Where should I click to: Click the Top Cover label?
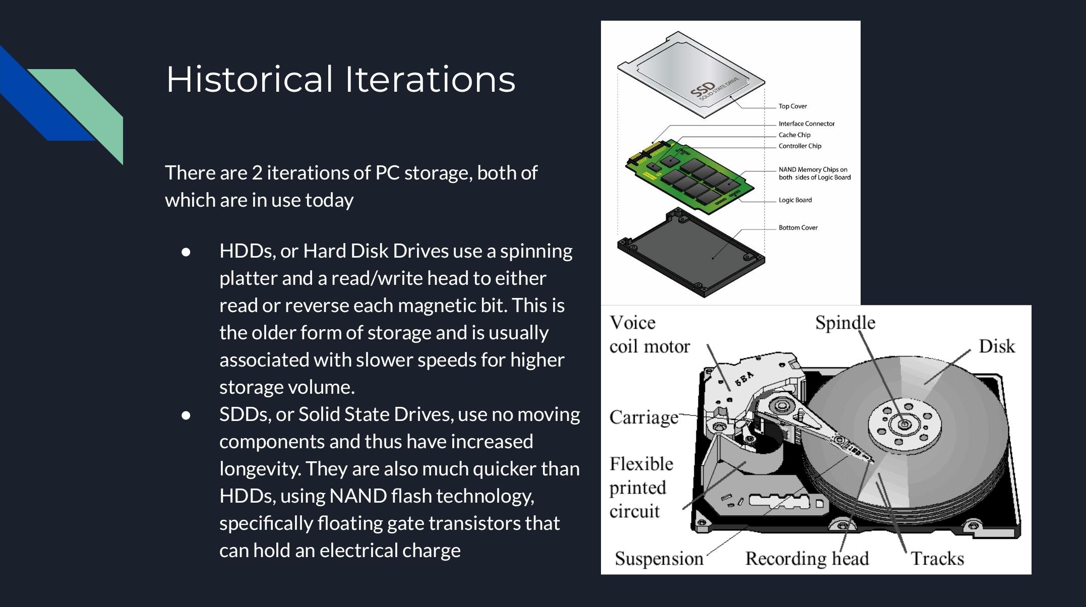click(792, 106)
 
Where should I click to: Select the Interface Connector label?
click(806, 124)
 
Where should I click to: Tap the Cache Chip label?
click(794, 135)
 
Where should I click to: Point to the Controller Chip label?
click(800, 146)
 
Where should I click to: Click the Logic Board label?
click(795, 200)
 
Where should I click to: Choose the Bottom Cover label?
click(798, 228)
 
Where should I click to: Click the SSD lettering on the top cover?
click(702, 90)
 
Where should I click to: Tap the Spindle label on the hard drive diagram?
click(845, 323)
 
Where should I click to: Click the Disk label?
click(996, 346)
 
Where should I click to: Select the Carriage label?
click(643, 417)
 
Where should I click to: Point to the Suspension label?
click(658, 559)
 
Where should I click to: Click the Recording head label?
click(807, 559)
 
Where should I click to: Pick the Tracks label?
click(937, 559)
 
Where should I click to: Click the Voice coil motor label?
click(649, 335)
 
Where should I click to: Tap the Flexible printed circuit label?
click(641, 488)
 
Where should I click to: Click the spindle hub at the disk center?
click(904, 424)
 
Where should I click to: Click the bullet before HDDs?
click(186, 252)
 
